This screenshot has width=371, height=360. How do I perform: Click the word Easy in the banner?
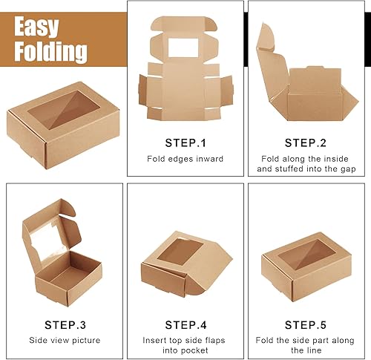click(x=46, y=27)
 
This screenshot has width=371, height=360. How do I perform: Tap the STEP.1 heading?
click(x=185, y=142)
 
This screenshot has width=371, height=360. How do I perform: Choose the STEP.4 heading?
click(x=185, y=324)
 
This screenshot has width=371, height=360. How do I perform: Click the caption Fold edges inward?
click(x=185, y=158)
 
